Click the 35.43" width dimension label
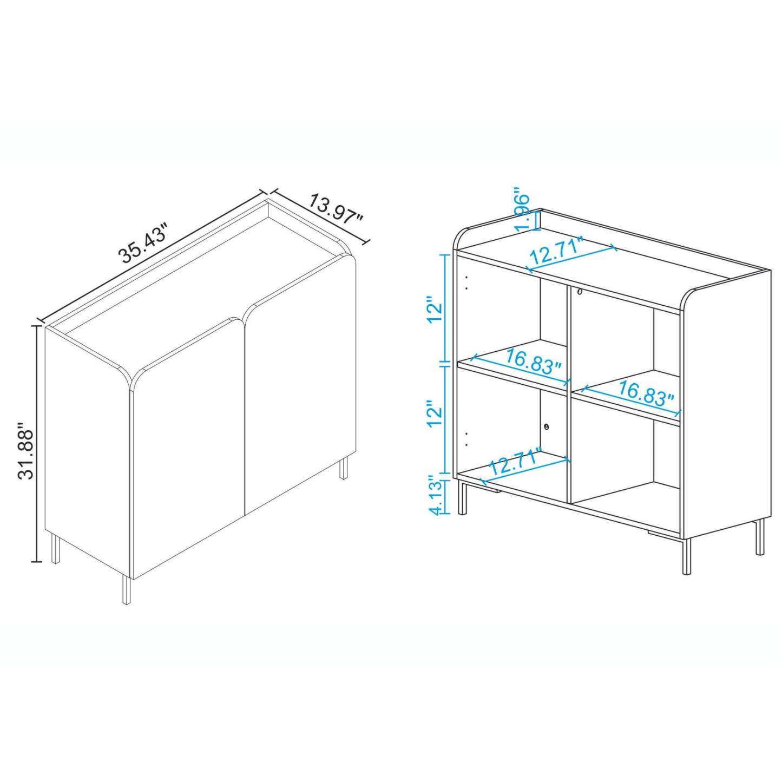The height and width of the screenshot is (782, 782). (x=145, y=243)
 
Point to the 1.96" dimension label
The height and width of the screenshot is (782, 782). (x=523, y=210)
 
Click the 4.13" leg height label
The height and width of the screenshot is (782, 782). (x=436, y=495)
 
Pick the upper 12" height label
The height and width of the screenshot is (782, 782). (x=435, y=310)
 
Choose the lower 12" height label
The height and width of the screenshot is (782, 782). (x=435, y=414)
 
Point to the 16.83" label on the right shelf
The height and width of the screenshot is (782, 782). (x=646, y=393)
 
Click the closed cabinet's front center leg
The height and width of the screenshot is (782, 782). (x=127, y=589)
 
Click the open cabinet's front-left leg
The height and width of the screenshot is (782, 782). (x=463, y=497)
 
